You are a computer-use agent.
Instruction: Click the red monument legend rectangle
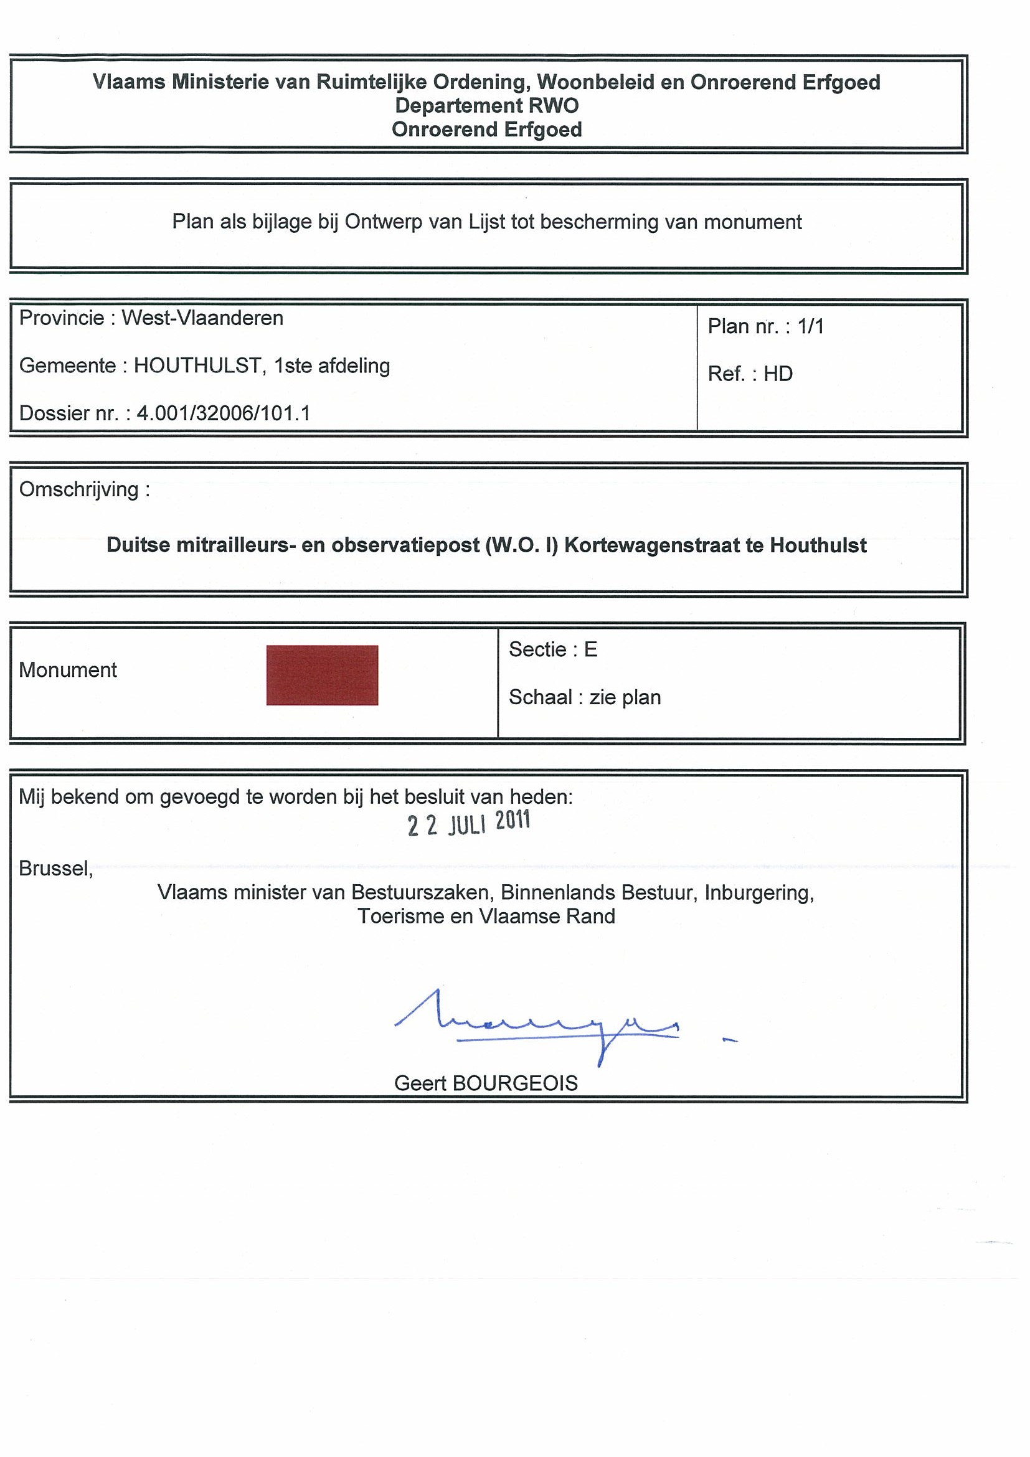point(322,674)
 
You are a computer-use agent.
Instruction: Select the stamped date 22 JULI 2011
point(468,823)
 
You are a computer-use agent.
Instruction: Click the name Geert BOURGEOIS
point(486,1083)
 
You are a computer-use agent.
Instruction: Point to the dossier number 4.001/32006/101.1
point(224,413)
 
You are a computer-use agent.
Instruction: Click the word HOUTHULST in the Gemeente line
point(197,365)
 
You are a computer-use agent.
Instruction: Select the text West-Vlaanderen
point(202,318)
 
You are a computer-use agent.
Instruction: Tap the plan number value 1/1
point(810,326)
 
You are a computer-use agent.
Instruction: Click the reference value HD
point(777,374)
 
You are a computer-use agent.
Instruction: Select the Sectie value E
point(590,649)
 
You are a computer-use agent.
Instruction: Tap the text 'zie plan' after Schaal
point(625,697)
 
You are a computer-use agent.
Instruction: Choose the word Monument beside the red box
point(68,669)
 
